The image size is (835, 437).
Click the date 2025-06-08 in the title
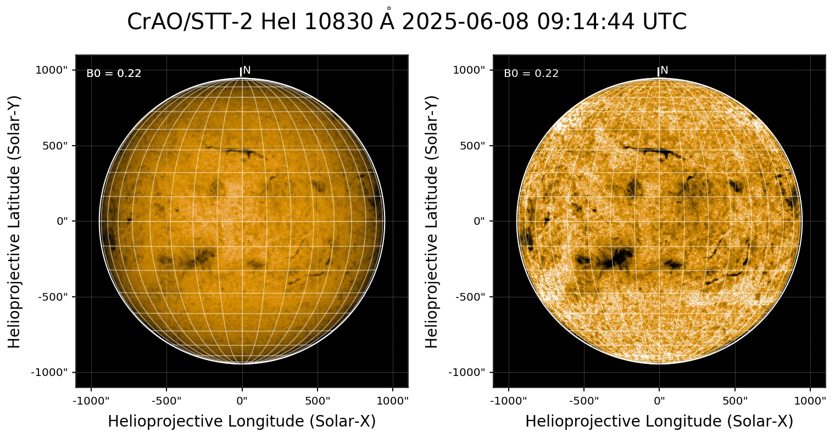click(465, 22)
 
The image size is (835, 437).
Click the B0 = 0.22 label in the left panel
click(114, 74)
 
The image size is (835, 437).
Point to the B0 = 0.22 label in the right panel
click(531, 74)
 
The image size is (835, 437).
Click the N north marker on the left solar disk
click(247, 70)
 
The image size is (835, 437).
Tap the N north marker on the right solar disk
click(664, 70)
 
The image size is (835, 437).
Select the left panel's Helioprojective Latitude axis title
click(15, 221)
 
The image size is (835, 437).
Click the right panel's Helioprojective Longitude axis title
click(659, 422)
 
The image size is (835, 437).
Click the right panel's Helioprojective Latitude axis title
click(432, 221)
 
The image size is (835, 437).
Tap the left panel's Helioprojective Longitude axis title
click(242, 422)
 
